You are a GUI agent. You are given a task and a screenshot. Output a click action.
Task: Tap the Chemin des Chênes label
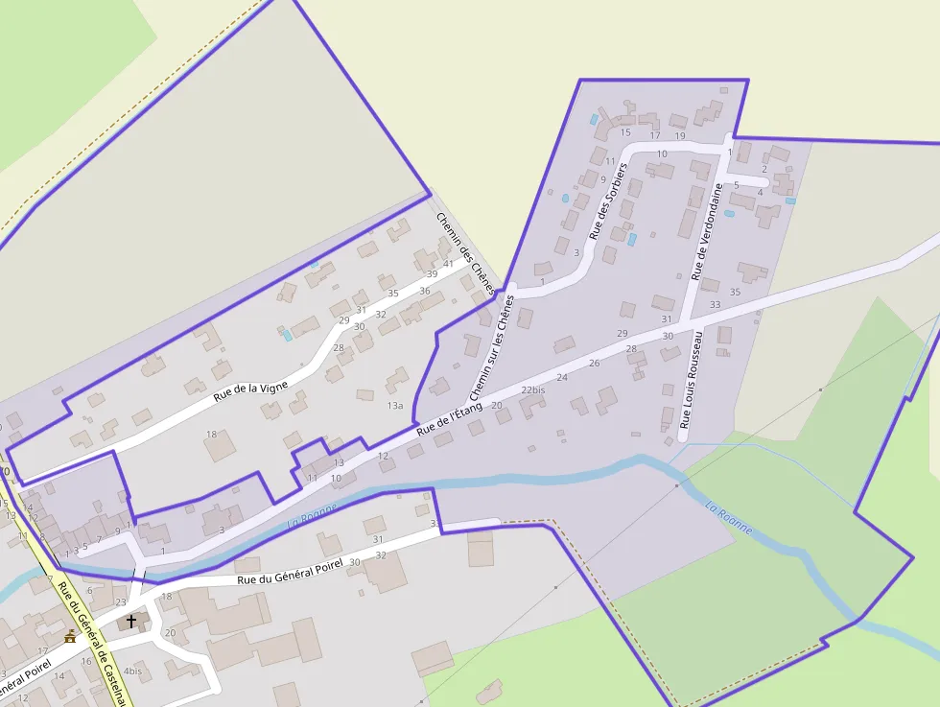(x=466, y=252)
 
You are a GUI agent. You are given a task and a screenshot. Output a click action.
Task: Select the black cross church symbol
(x=131, y=622)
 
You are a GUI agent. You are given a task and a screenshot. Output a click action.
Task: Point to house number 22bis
(x=533, y=390)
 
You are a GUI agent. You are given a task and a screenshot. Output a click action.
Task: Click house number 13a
(x=395, y=406)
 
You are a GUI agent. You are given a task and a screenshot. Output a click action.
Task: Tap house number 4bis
(x=132, y=671)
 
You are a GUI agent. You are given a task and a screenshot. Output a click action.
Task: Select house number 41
(x=448, y=264)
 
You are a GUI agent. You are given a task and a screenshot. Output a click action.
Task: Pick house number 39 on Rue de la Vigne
(x=432, y=274)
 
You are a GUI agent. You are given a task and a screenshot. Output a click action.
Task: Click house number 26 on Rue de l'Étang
(x=594, y=363)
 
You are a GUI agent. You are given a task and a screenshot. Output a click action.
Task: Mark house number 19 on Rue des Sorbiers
(x=680, y=135)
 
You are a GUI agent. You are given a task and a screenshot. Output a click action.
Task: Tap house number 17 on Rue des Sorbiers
(x=655, y=135)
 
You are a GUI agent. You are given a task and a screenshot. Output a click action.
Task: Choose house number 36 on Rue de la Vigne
(x=425, y=291)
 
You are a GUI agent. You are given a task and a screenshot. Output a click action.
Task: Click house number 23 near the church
(x=120, y=601)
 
